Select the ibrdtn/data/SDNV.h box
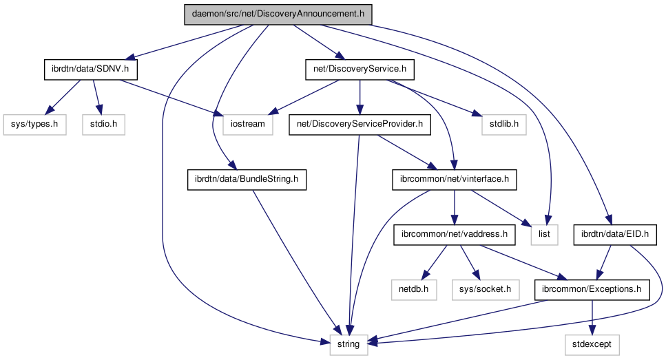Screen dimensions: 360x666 click(90, 69)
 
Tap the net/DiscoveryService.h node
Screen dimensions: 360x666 click(359, 69)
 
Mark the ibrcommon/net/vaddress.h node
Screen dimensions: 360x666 click(455, 235)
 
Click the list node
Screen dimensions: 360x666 click(543, 235)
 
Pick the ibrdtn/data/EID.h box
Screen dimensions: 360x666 click(615, 235)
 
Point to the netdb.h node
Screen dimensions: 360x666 click(414, 290)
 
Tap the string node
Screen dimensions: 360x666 click(348, 343)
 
